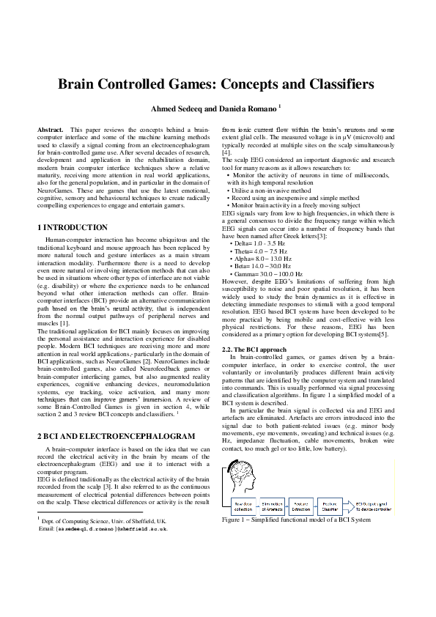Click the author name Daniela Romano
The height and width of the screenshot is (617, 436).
click(245, 109)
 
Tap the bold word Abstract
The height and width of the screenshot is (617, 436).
click(50, 129)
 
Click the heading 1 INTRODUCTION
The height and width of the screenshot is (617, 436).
click(73, 227)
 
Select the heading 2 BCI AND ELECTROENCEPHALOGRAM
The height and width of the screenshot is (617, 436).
click(116, 436)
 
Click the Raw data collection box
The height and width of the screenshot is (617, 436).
click(243, 506)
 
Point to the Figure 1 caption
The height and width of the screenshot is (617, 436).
click(295, 520)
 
